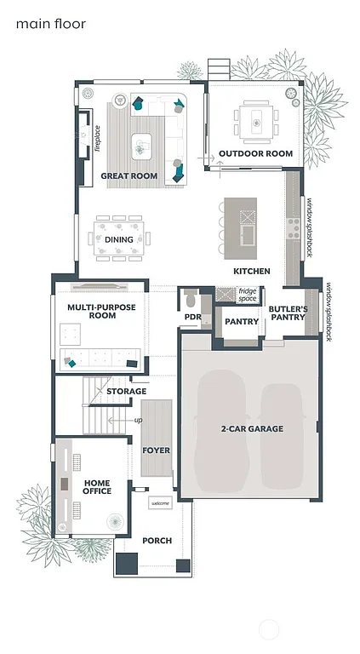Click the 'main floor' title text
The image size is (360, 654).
tap(51, 24)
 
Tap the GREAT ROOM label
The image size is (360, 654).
tap(129, 176)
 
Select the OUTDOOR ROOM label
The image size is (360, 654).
tap(255, 154)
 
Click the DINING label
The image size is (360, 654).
tap(118, 240)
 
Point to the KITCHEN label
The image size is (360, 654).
tap(252, 271)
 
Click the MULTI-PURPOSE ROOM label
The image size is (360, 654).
tap(91, 311)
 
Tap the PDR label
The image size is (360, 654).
tap(191, 318)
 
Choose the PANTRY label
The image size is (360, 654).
tap(241, 322)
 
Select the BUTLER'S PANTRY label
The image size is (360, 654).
tap(287, 313)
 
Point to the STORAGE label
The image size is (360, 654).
tap(126, 392)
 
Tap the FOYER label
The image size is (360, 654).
tap(156, 450)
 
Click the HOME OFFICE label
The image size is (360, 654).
tap(96, 486)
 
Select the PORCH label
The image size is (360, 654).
tap(157, 541)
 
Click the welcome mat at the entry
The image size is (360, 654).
tap(160, 503)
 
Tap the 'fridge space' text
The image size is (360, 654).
tap(248, 295)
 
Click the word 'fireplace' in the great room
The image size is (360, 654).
tap(98, 138)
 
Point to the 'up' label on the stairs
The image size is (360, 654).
tap(138, 420)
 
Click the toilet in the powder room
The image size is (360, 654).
tap(191, 300)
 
